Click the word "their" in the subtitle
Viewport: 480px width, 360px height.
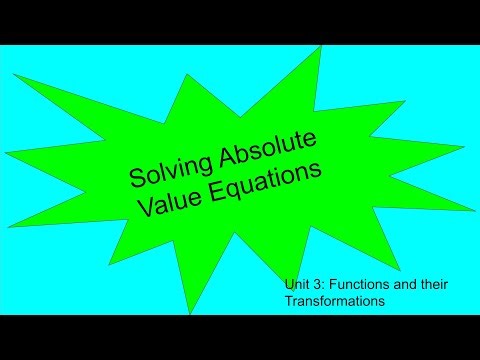pos(429,285)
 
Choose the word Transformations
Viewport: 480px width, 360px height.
pos(335,299)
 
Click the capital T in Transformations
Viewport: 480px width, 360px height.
pos(288,299)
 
